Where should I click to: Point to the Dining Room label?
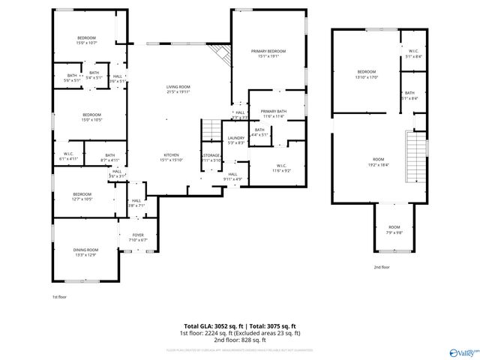[x=85, y=252]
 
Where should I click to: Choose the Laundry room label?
[x=235, y=139]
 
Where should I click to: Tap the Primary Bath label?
[x=273, y=113]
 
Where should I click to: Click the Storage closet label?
[x=211, y=157]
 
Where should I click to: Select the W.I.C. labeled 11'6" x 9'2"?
[x=281, y=168]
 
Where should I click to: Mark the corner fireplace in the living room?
[x=220, y=54]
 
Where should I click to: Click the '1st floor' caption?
[x=61, y=297]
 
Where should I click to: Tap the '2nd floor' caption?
[x=382, y=267]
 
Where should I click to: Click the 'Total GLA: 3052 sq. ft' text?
[x=208, y=325]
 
